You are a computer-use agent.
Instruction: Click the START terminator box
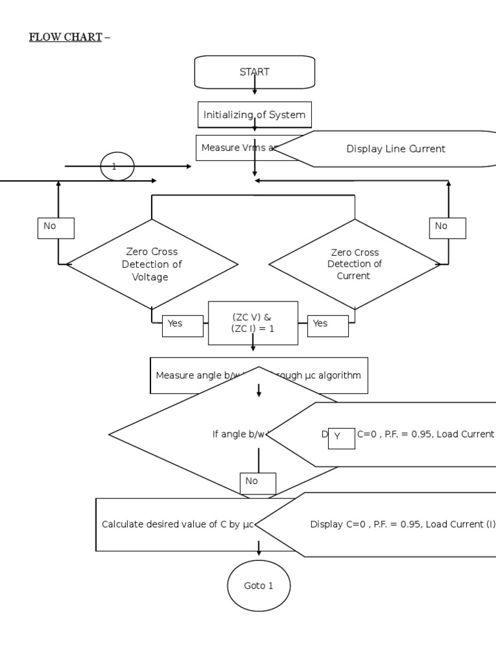(x=254, y=72)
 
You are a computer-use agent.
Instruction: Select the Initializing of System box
(x=254, y=115)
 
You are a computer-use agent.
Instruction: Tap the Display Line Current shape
(x=395, y=149)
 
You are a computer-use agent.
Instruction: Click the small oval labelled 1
(x=117, y=167)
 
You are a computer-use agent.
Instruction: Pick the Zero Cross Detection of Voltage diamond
(x=152, y=264)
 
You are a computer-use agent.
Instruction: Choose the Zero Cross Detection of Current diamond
(x=355, y=264)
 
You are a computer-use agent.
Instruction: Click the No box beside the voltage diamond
(x=56, y=227)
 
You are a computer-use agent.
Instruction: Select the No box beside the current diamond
(x=447, y=227)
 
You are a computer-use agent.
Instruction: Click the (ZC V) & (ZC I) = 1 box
(x=253, y=323)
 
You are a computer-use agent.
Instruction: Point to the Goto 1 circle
(x=259, y=586)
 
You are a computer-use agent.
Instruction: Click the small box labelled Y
(x=341, y=437)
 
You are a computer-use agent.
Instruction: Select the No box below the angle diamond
(x=258, y=483)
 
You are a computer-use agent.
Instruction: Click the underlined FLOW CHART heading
(x=65, y=37)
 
